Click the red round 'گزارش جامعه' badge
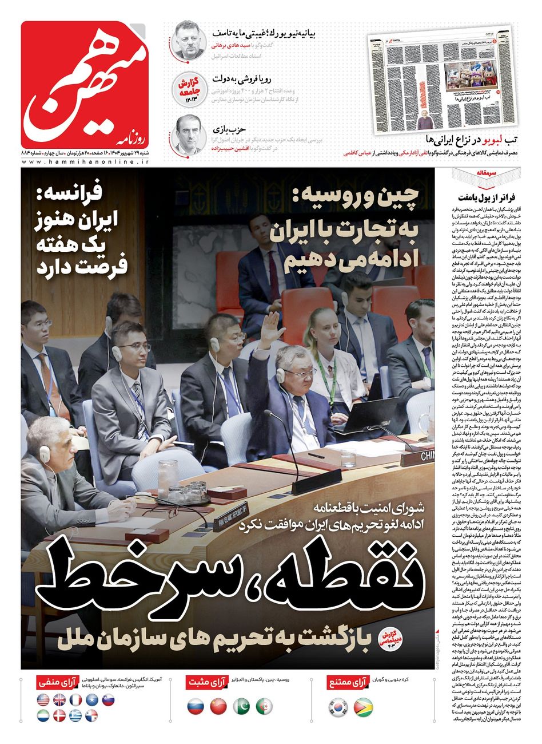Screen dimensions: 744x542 point(188,88)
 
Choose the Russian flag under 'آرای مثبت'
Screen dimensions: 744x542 point(196,707)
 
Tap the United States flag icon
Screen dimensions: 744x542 point(43,699)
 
